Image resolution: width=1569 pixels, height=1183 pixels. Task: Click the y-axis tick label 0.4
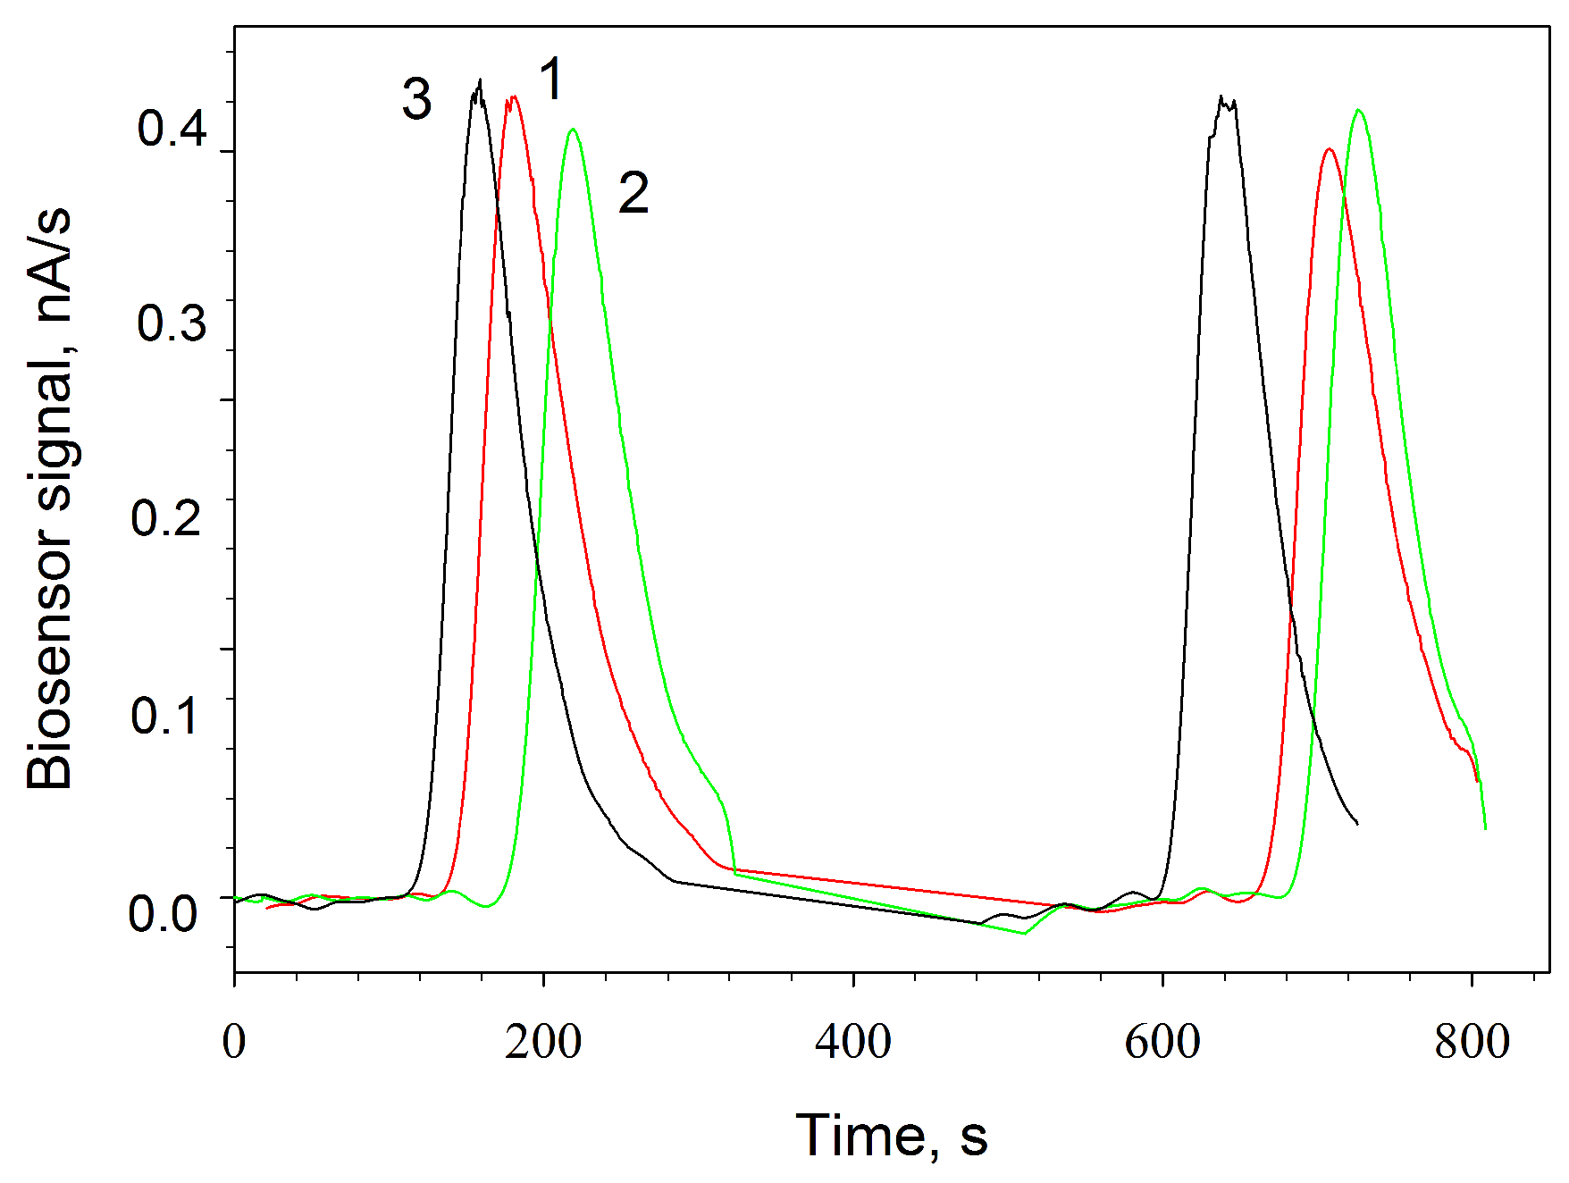tap(172, 128)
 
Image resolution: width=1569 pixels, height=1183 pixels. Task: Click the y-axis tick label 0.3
tap(172, 323)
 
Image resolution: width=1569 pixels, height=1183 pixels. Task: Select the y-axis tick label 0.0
tap(163, 913)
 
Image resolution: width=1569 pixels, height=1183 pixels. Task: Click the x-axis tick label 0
tap(234, 1042)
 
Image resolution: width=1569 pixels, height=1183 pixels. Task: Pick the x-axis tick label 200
tap(542, 1042)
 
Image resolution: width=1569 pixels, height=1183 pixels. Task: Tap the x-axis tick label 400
tap(852, 1042)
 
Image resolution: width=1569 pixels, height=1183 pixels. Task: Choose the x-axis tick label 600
tap(1162, 1042)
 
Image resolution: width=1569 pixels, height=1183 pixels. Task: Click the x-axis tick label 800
tap(1472, 1042)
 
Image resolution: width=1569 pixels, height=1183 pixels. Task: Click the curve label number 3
tap(416, 99)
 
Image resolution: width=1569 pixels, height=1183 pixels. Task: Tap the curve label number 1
tap(551, 79)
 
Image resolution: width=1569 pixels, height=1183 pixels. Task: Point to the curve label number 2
tap(633, 193)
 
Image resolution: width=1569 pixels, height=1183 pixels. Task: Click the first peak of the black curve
tap(480, 80)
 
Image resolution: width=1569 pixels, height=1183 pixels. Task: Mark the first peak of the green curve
tap(573, 130)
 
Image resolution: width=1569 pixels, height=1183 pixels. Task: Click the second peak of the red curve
tap(1330, 149)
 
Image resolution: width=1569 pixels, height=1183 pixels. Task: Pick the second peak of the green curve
tap(1359, 110)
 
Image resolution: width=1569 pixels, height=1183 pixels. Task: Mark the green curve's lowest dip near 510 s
tap(1025, 933)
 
